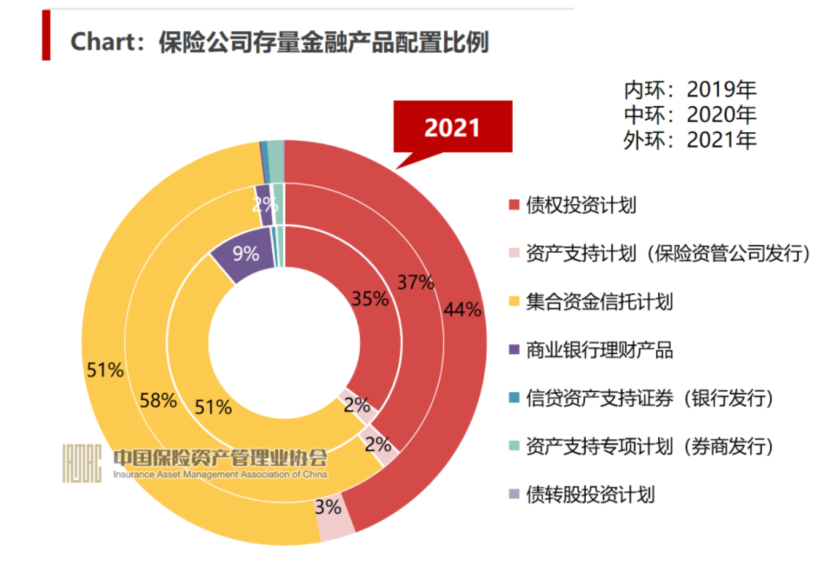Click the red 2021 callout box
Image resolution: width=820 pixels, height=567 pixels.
click(452, 127)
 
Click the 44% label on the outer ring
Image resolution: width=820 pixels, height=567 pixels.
click(462, 309)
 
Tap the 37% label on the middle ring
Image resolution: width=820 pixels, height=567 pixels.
click(416, 282)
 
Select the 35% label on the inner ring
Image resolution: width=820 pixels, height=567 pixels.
click(370, 299)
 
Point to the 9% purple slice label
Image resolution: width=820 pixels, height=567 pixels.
click(245, 253)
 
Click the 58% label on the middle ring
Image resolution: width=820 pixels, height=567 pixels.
click(158, 400)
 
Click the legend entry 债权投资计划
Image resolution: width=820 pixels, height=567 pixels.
click(580, 205)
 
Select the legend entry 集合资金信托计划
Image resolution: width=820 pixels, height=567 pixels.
click(599, 301)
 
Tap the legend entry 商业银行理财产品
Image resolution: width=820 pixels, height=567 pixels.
click(599, 350)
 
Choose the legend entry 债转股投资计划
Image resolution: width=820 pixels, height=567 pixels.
click(589, 494)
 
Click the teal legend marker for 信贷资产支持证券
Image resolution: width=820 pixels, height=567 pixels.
click(514, 398)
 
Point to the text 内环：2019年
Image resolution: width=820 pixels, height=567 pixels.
click(690, 90)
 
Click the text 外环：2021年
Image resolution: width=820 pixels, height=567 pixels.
click(690, 140)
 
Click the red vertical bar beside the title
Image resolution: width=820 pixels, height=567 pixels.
click(46, 35)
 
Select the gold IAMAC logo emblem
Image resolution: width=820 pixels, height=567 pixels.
click(82, 462)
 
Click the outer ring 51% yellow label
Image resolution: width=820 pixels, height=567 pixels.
click(105, 370)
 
